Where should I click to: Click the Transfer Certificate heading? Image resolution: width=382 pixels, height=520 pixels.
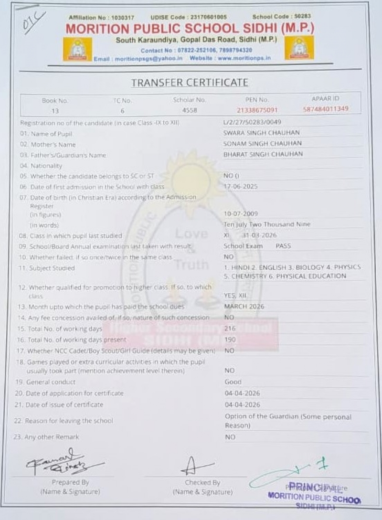pyautogui.click(x=190, y=83)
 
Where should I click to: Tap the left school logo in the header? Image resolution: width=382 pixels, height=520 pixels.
pyautogui.click(x=77, y=48)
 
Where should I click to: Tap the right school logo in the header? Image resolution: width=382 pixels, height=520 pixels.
pyautogui.click(x=299, y=48)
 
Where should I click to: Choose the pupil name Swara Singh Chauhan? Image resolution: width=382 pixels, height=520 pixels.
pyautogui.click(x=255, y=133)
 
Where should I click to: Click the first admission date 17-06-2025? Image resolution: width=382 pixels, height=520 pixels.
pyautogui.click(x=241, y=186)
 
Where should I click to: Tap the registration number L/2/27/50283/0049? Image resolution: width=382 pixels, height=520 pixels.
pyautogui.click(x=253, y=123)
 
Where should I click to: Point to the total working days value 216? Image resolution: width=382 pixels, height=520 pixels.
pyautogui.click(x=230, y=329)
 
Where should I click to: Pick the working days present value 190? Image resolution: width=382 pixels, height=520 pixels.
pyautogui.click(x=230, y=340)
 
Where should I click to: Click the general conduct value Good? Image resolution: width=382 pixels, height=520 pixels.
pyautogui.click(x=233, y=382)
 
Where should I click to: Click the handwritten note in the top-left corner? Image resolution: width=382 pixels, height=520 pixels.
pyautogui.click(x=34, y=21)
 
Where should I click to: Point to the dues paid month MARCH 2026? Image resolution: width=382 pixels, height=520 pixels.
pyautogui.click(x=244, y=307)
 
